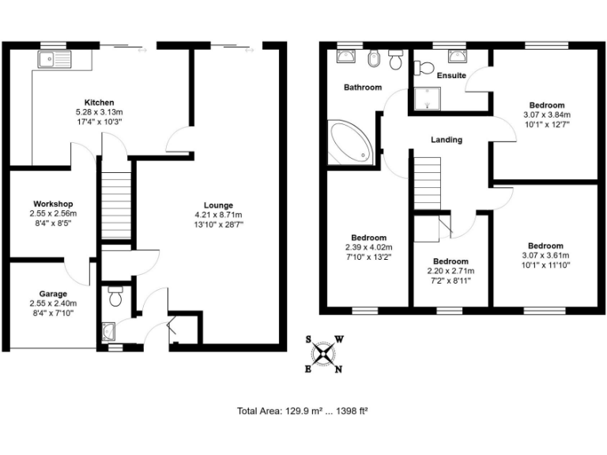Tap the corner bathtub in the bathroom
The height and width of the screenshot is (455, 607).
348,142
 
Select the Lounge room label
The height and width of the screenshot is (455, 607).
218,205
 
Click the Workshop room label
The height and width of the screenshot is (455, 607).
53,203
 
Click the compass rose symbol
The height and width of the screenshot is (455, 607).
323,353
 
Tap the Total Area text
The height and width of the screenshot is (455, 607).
303,411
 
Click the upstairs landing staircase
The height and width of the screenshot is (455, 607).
427,182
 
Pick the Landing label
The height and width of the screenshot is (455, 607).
447,140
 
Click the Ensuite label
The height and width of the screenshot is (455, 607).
451,76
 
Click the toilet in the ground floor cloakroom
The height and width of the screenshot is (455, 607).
115,297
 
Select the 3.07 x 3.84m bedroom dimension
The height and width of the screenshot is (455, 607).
546,115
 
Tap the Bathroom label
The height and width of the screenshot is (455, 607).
362,88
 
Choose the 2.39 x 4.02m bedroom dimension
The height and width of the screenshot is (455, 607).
368,247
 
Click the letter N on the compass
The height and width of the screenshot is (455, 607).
338,369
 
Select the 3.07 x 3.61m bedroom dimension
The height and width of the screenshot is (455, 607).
546,255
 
